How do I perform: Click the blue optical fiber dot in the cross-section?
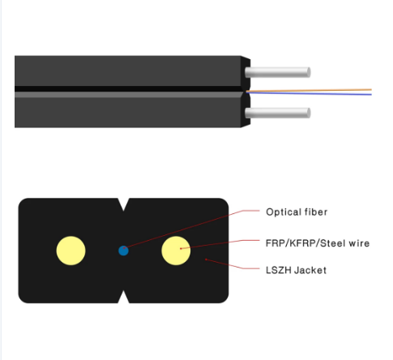pyautogui.click(x=123, y=251)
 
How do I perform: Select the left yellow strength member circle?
pyautogui.click(x=70, y=251)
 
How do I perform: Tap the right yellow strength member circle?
pyautogui.click(x=176, y=251)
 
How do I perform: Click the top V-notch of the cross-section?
pyautogui.click(x=123, y=204)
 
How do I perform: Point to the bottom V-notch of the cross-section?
pyautogui.click(x=123, y=297)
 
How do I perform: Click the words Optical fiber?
pyautogui.click(x=297, y=212)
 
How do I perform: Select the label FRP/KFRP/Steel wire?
pyautogui.click(x=318, y=243)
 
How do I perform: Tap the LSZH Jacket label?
pyautogui.click(x=296, y=270)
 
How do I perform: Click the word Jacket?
pyautogui.click(x=310, y=270)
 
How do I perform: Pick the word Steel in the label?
pyautogui.click(x=332, y=243)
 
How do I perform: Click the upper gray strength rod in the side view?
pyautogui.click(x=278, y=72)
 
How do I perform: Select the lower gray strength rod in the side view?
pyautogui.click(x=278, y=113)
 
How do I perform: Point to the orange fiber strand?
pyautogui.click(x=309, y=90)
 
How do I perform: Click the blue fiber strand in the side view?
pyautogui.click(x=309, y=93)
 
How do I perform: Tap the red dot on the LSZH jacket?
pyautogui.click(x=206, y=259)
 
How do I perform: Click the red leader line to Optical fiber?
pyautogui.click(x=192, y=229)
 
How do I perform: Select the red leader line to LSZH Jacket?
pyautogui.click(x=233, y=265)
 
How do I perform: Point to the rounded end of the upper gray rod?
pyautogui.click(x=308, y=72)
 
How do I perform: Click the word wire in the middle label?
pyautogui.click(x=359, y=243)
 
